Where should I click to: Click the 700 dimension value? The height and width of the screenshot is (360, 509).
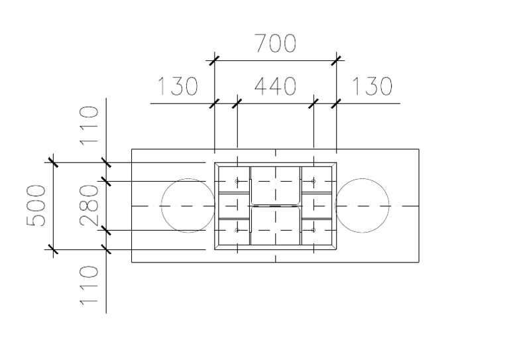point(275,44)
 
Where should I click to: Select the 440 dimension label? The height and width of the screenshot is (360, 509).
point(275,87)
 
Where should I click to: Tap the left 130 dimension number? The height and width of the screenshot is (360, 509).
point(178,87)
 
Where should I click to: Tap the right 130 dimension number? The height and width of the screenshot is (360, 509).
point(372,87)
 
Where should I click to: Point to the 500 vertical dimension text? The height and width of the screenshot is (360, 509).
point(36,206)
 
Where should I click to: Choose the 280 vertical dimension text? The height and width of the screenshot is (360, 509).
point(89,206)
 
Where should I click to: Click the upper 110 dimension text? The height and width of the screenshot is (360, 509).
point(89,126)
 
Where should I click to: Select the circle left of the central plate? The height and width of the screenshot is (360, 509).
point(188,206)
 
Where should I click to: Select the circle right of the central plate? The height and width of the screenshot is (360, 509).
point(363,206)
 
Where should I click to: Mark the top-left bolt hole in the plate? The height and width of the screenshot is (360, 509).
point(237,181)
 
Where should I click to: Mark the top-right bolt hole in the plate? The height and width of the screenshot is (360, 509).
point(313,181)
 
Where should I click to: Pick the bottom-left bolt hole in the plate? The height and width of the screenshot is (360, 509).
point(237,230)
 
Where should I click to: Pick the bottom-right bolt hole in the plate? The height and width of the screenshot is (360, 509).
point(313,230)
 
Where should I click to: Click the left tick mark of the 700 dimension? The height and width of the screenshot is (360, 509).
point(214,61)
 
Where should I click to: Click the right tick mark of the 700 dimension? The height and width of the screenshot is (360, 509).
point(336,61)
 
